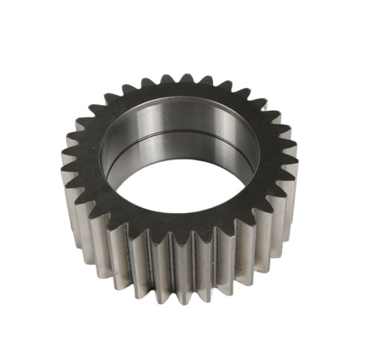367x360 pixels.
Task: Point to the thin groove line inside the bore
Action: (x=183, y=137)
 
